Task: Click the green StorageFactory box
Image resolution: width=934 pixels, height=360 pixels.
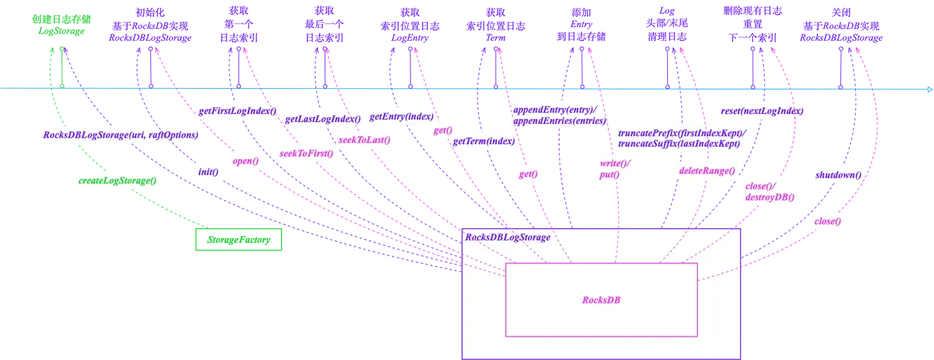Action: pyautogui.click(x=239, y=239)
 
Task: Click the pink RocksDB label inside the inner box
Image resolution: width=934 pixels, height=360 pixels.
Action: pyautogui.click(x=601, y=300)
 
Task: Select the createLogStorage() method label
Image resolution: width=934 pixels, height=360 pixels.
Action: pyautogui.click(x=117, y=180)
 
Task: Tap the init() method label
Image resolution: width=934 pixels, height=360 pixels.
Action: pyautogui.click(x=208, y=172)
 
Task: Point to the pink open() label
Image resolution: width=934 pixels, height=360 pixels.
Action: pyautogui.click(x=245, y=161)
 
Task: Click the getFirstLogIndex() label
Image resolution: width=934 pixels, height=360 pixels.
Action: pyautogui.click(x=237, y=111)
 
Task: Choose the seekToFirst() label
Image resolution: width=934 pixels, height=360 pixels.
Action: pyautogui.click(x=306, y=153)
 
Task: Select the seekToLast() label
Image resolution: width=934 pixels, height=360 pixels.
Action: pyautogui.click(x=364, y=140)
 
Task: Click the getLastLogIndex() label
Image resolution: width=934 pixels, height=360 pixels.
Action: pyautogui.click(x=323, y=119)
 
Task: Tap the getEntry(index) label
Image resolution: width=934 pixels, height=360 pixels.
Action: pyautogui.click(x=401, y=116)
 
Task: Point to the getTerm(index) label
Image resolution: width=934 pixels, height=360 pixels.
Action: pyautogui.click(x=484, y=141)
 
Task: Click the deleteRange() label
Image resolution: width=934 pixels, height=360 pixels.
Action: pyautogui.click(x=707, y=171)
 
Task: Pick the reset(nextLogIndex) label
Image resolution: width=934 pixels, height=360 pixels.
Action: pyautogui.click(x=762, y=111)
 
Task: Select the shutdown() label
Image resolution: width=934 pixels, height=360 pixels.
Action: pyautogui.click(x=838, y=175)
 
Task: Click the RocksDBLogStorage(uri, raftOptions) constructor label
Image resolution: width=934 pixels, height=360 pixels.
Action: pyautogui.click(x=120, y=135)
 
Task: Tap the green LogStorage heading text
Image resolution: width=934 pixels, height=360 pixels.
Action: pyautogui.click(x=61, y=31)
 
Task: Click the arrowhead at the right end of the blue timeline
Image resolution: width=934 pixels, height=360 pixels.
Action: pyautogui.click(x=930, y=90)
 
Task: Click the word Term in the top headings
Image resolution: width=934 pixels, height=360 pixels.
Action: pyautogui.click(x=495, y=38)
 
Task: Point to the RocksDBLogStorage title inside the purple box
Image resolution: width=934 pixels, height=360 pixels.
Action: pyautogui.click(x=508, y=237)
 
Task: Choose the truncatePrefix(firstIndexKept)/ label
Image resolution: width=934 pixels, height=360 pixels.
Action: pyautogui.click(x=682, y=133)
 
